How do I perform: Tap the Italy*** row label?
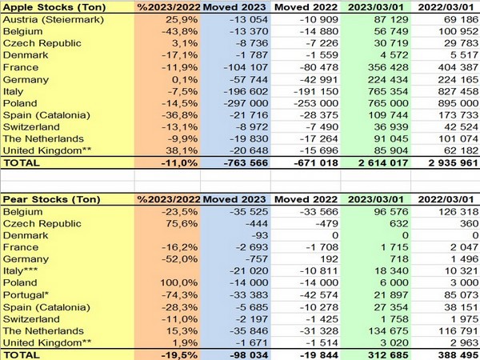coord(24,272)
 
